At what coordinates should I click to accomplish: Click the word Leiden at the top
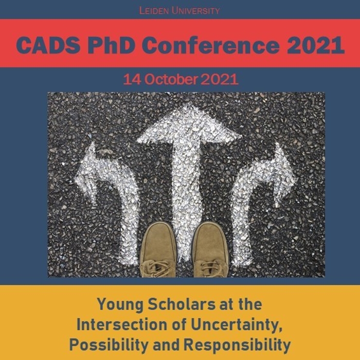coord(154,11)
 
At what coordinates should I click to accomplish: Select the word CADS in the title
coord(48,45)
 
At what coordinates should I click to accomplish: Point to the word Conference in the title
coord(211,45)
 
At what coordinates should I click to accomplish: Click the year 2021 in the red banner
coord(316,45)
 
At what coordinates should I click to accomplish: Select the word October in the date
coord(171,79)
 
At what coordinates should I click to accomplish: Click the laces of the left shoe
coord(157,267)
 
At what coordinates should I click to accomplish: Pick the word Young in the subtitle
coord(120,305)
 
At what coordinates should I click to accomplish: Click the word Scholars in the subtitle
coord(182,304)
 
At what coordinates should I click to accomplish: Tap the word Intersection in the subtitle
coord(122,325)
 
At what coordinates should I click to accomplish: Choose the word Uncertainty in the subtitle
coord(236,326)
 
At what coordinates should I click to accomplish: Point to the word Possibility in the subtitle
coord(109,346)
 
